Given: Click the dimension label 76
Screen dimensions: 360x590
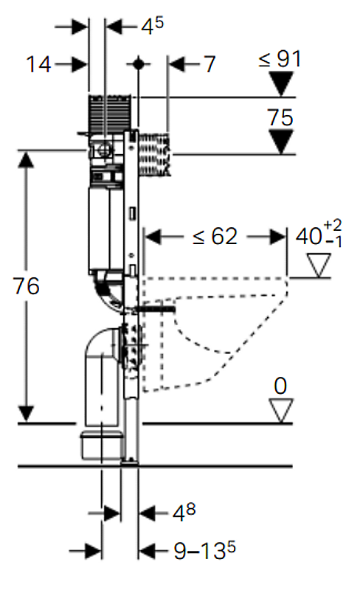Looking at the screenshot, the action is tap(26, 285).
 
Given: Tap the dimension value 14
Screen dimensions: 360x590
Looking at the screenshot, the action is tap(38, 64).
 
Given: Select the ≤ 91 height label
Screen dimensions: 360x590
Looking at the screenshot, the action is tap(280, 59).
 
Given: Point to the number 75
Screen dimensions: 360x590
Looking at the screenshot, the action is tap(280, 117).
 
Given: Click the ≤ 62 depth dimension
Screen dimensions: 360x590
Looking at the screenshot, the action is tap(215, 237).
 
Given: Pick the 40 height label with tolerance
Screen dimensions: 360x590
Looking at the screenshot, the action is tap(319, 235).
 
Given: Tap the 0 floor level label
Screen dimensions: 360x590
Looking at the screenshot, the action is tap(280, 386).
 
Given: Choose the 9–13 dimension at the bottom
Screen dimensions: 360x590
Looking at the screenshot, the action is tap(204, 551).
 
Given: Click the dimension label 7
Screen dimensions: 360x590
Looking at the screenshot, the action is tap(210, 64).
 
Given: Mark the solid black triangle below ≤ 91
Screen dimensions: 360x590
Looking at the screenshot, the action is tap(281, 83).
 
